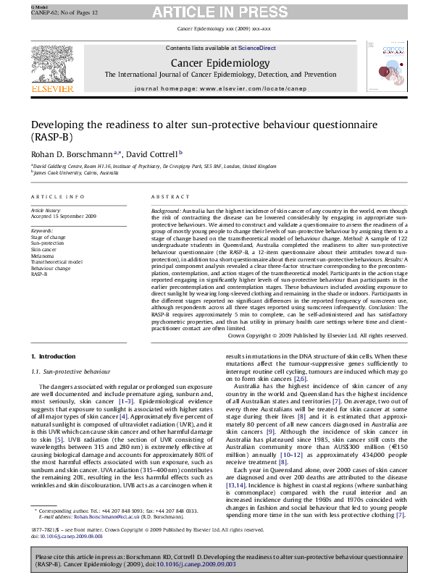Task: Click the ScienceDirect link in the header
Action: (x=254, y=48)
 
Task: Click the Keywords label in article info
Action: (x=43, y=230)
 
